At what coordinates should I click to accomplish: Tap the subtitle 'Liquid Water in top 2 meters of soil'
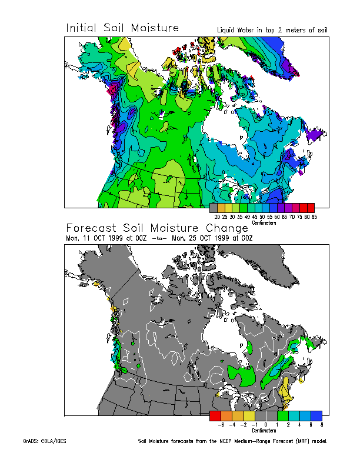[x=272, y=30]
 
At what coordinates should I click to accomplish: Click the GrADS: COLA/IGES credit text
[x=45, y=441]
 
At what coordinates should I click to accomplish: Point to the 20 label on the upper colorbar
[x=218, y=217]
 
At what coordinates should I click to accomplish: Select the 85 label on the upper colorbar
[x=314, y=217]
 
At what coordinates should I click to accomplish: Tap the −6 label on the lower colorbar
[x=221, y=424]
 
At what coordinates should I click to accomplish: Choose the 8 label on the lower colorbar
[x=322, y=424]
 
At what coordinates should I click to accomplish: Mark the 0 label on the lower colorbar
[x=266, y=424]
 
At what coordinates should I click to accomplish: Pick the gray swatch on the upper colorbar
[x=214, y=208]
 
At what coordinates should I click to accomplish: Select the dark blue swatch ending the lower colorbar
[x=316, y=415]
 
